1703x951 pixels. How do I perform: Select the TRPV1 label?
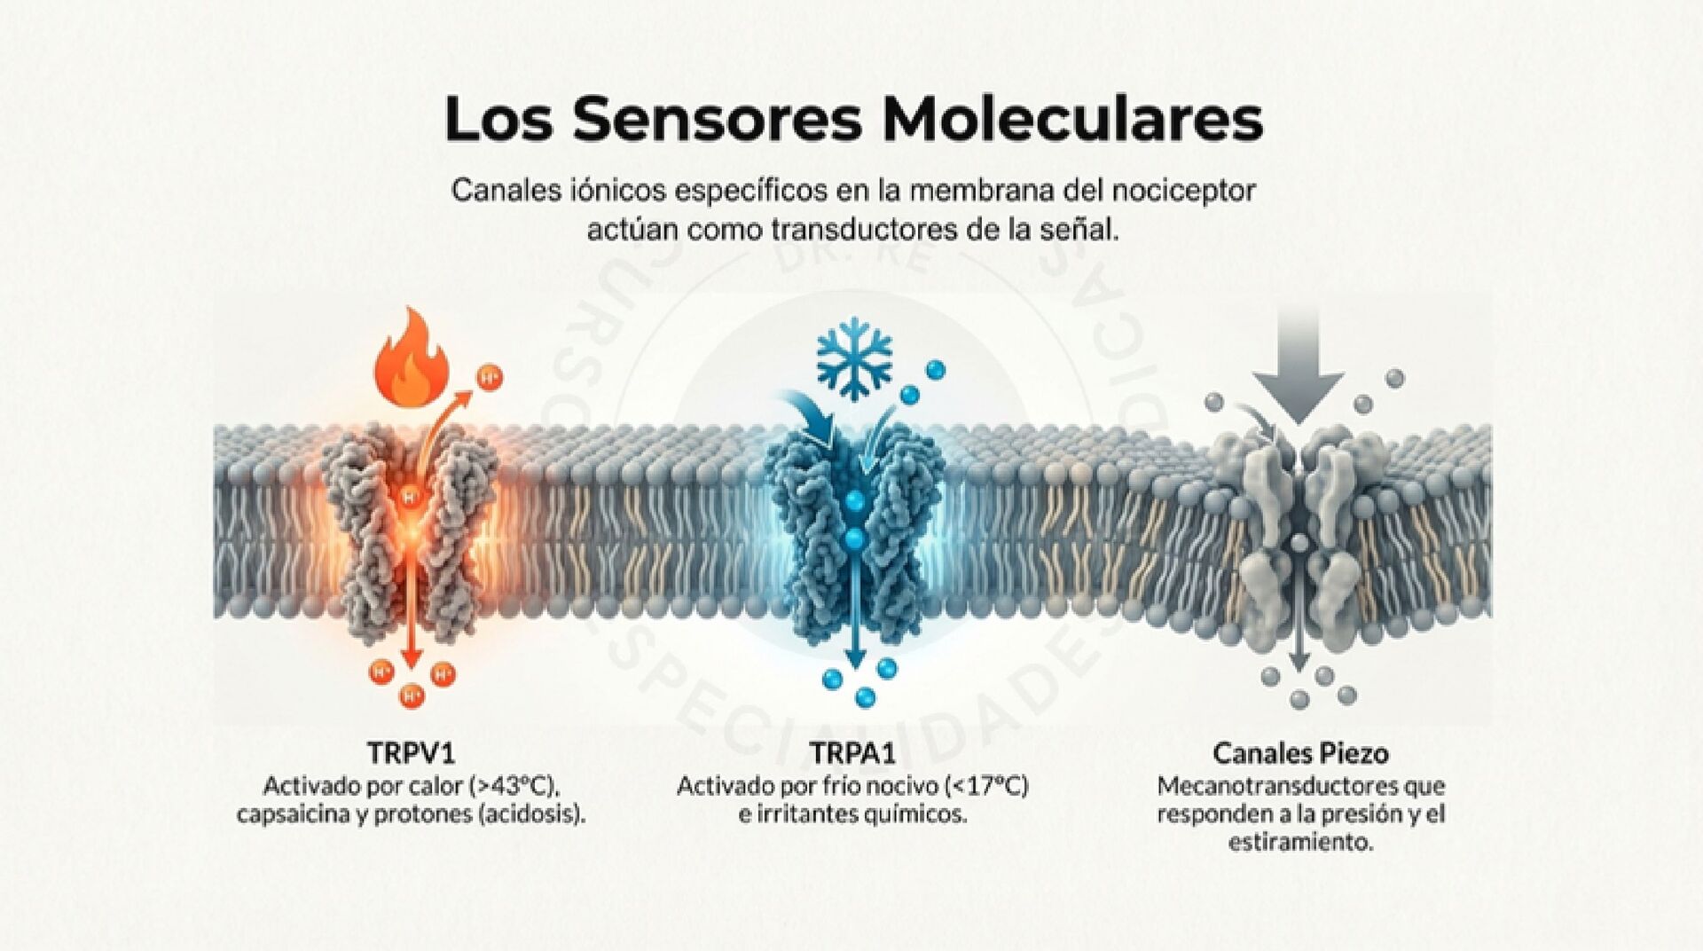(411, 754)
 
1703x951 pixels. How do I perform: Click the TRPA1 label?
(852, 754)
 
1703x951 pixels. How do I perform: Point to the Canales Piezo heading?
(1300, 754)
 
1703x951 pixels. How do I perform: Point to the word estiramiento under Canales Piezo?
(1300, 841)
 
